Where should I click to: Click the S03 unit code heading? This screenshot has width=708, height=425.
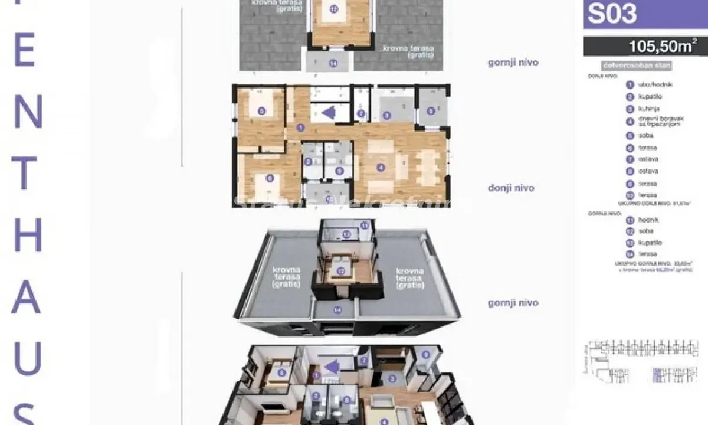tap(612, 14)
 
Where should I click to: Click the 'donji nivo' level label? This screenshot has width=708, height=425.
tap(511, 188)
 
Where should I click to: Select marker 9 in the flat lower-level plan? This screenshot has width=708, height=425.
tap(431, 110)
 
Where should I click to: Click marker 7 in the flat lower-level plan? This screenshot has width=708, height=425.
tap(361, 113)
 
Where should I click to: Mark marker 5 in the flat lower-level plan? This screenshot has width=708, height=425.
tap(261, 110)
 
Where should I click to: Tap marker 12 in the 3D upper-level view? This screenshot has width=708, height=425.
tap(341, 271)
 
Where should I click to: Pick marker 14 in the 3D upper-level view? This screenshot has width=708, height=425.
tap(337, 309)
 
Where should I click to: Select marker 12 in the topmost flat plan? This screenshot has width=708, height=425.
tap(334, 9)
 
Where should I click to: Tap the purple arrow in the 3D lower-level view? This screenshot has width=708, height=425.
tap(332, 367)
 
